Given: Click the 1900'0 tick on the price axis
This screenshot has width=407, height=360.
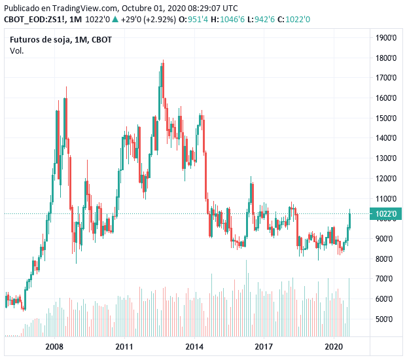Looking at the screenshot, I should tap(386, 37).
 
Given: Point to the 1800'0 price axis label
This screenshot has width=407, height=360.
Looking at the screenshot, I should tap(386, 58).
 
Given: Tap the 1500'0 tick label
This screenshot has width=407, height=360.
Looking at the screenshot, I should tap(386, 118).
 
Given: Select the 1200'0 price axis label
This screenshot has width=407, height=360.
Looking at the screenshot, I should tap(386, 178).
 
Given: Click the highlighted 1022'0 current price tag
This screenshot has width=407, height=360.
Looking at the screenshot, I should tap(385, 213).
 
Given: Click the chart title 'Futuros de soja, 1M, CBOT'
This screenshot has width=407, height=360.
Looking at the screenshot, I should tap(61, 40).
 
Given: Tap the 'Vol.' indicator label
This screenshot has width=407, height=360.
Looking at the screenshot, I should tap(17, 51).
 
